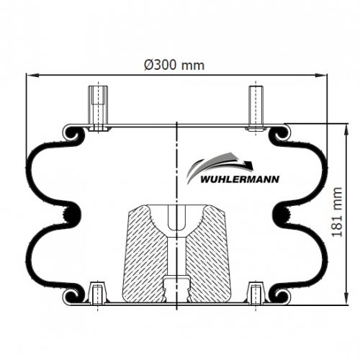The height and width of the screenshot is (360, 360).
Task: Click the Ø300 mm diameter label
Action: click(174, 65)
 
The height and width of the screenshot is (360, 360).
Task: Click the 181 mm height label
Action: click(337, 212)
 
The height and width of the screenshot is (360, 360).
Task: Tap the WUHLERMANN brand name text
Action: click(240, 179)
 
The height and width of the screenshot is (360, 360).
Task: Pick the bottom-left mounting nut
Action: click(97, 292)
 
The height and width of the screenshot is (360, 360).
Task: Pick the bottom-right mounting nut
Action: click(256, 292)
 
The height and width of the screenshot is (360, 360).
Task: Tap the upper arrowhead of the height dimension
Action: click(346, 130)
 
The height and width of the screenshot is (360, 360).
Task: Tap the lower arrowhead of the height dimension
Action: click(346, 299)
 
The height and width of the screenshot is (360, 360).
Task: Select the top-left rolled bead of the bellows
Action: click(71, 133)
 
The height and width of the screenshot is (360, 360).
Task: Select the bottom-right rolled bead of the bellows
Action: click(282, 296)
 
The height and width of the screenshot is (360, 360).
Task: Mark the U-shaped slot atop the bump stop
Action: click(176, 217)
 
